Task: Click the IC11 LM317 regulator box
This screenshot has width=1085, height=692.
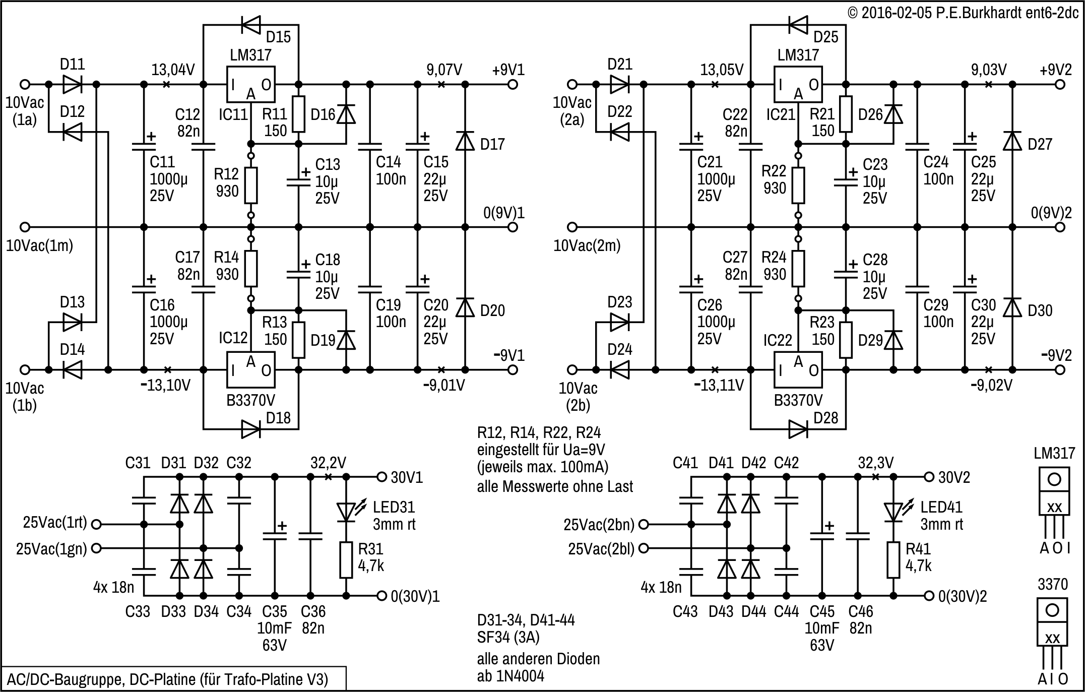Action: [x=250, y=85]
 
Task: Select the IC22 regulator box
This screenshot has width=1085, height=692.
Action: [x=798, y=370]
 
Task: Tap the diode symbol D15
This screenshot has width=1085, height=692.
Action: [x=250, y=23]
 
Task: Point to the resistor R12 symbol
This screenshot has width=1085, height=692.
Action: [x=251, y=185]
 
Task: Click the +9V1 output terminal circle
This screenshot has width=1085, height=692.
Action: [x=513, y=85]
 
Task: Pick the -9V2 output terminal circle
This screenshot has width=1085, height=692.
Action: [x=1060, y=370]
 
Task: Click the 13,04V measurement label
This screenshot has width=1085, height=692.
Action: [x=173, y=70]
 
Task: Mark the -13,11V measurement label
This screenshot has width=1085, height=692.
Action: [x=719, y=386]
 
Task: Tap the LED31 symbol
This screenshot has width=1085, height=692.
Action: [x=346, y=512]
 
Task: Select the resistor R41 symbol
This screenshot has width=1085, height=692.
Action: [x=893, y=559]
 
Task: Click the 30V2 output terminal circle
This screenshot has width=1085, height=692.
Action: [x=929, y=477]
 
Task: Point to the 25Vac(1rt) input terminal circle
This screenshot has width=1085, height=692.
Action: [x=96, y=524]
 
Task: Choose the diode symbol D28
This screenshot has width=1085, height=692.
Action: [x=798, y=429]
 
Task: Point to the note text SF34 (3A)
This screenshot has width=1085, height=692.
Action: [x=508, y=637]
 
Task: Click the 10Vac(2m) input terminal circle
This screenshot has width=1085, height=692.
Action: [x=572, y=227]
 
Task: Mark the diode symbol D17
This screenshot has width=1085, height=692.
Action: [x=465, y=141]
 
